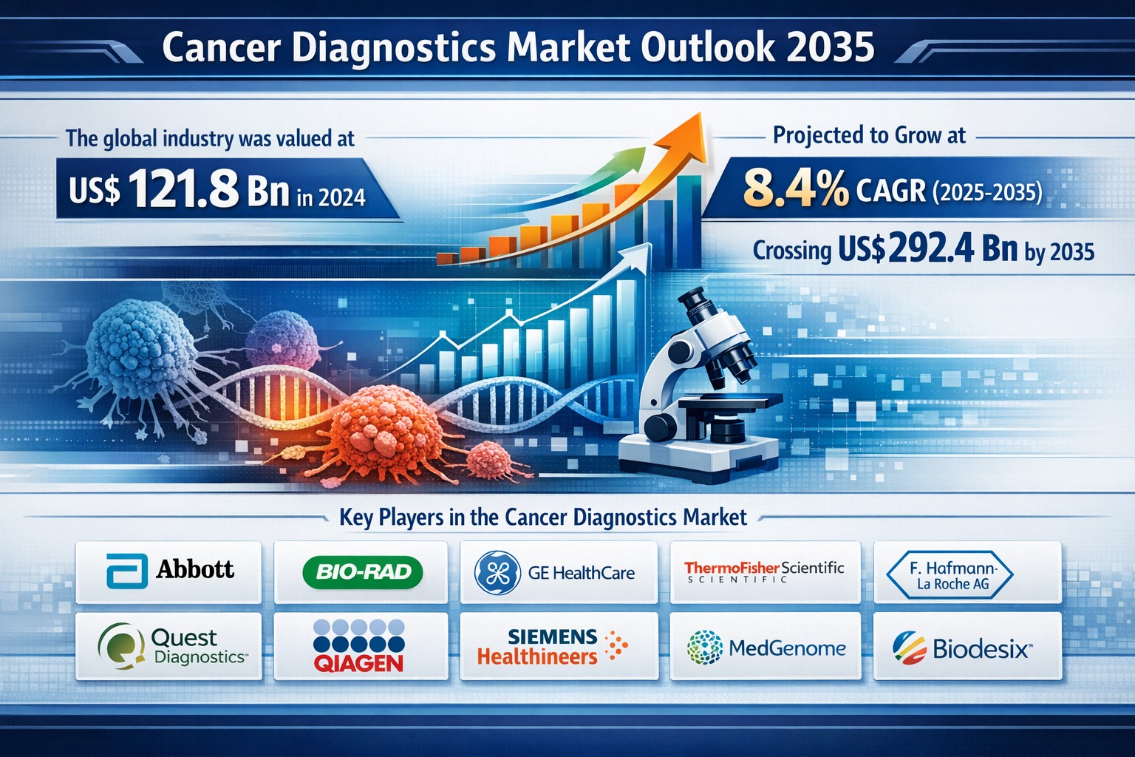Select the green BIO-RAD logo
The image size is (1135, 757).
coord(363,572)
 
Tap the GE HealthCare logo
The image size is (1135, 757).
coord(556,573)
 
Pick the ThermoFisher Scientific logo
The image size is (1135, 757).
coord(764,571)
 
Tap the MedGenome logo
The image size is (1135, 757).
coord(766,648)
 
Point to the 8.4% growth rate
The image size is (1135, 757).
coord(795,188)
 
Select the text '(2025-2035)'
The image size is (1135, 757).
coord(988,192)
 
